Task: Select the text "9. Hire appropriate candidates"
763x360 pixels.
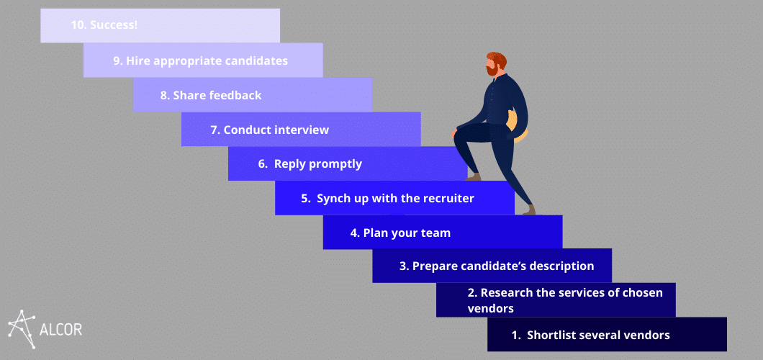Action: [x=201, y=60]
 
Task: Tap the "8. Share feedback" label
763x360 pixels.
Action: [x=211, y=95]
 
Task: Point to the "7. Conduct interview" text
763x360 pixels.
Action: [x=270, y=130]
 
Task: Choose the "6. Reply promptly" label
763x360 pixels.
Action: [x=310, y=164]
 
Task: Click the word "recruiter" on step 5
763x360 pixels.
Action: [x=448, y=199]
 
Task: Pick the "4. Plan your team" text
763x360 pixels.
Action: [x=400, y=233]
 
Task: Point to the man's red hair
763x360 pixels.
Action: [x=497, y=59]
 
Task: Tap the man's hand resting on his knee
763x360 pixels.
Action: [x=456, y=134]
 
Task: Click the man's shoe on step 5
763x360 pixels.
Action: [x=530, y=210]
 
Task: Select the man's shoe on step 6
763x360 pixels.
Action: [x=472, y=176]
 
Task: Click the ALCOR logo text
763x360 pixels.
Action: [x=60, y=329]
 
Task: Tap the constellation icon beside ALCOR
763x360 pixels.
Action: [x=22, y=329]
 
